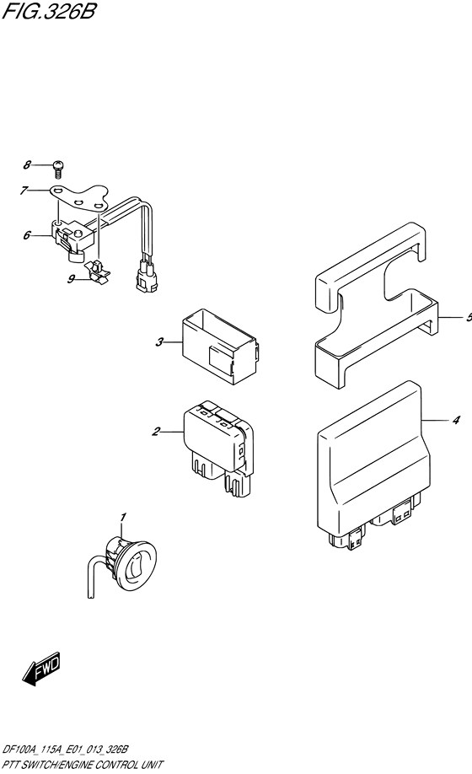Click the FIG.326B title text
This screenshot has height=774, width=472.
(48, 11)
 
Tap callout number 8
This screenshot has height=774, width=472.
(27, 164)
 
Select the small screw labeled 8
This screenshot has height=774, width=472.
(59, 169)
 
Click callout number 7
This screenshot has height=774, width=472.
(24, 191)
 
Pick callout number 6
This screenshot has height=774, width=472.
(27, 235)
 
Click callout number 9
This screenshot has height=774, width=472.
(71, 279)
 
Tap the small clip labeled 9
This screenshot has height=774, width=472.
(98, 271)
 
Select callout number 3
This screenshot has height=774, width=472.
(159, 341)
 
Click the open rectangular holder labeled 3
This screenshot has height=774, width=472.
(220, 346)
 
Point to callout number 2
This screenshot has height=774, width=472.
(156, 432)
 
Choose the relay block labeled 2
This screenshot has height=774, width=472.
(218, 447)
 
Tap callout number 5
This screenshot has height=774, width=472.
(469, 317)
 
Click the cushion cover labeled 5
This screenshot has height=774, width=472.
(376, 305)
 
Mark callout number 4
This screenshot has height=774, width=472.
(456, 420)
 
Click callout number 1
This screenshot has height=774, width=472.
(123, 517)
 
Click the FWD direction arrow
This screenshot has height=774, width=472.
(41, 669)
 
